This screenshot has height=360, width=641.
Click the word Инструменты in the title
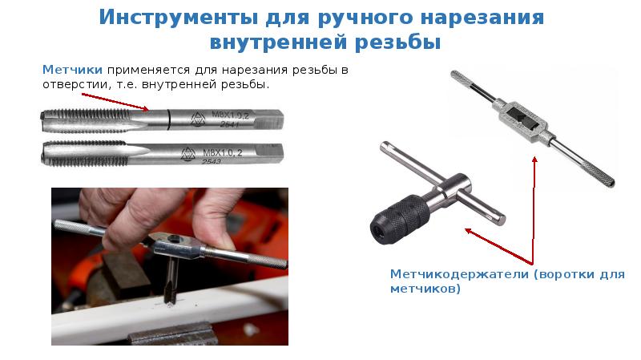[178, 18]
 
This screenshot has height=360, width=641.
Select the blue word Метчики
[72, 70]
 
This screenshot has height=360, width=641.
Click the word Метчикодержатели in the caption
[459, 273]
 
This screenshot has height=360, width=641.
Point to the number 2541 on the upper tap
[229, 124]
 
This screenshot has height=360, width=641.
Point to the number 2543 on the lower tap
[212, 162]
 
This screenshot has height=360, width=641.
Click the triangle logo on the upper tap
[198, 119]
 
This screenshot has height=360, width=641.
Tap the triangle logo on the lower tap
[188, 154]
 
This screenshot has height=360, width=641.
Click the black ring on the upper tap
[168, 119]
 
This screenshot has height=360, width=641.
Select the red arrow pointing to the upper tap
[115, 102]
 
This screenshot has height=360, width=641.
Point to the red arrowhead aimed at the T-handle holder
[470, 232]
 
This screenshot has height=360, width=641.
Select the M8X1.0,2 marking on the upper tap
[230, 115]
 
